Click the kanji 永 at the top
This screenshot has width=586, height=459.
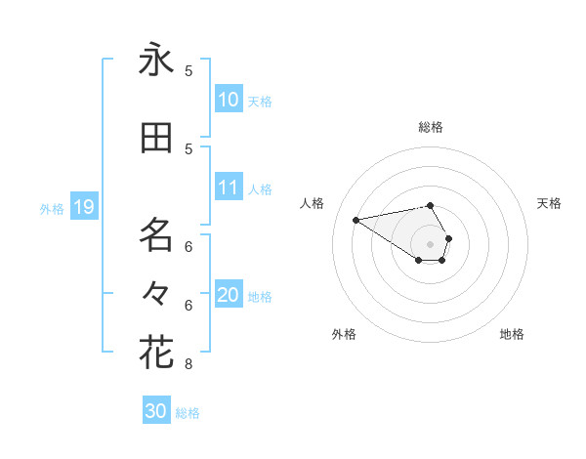156,62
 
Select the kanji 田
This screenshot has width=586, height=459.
156,139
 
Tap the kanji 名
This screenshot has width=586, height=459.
156,234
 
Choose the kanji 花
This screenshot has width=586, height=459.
156,352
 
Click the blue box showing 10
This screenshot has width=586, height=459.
229,100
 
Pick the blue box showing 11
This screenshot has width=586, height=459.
229,188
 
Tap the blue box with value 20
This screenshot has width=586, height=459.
229,295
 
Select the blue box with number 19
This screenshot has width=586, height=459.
83,207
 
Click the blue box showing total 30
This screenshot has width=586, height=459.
156,411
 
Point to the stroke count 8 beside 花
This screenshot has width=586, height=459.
188,365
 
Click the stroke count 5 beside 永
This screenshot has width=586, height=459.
188,70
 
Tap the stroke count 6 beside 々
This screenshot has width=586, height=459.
188,305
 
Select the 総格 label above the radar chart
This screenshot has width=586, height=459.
431,127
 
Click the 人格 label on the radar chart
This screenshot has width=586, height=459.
313,203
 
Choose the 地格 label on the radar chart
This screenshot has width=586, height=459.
512,334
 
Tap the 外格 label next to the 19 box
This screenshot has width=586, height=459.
51,208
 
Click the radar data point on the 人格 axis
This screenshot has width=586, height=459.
356,219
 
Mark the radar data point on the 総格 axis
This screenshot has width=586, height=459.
430,205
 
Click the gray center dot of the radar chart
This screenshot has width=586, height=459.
430,243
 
